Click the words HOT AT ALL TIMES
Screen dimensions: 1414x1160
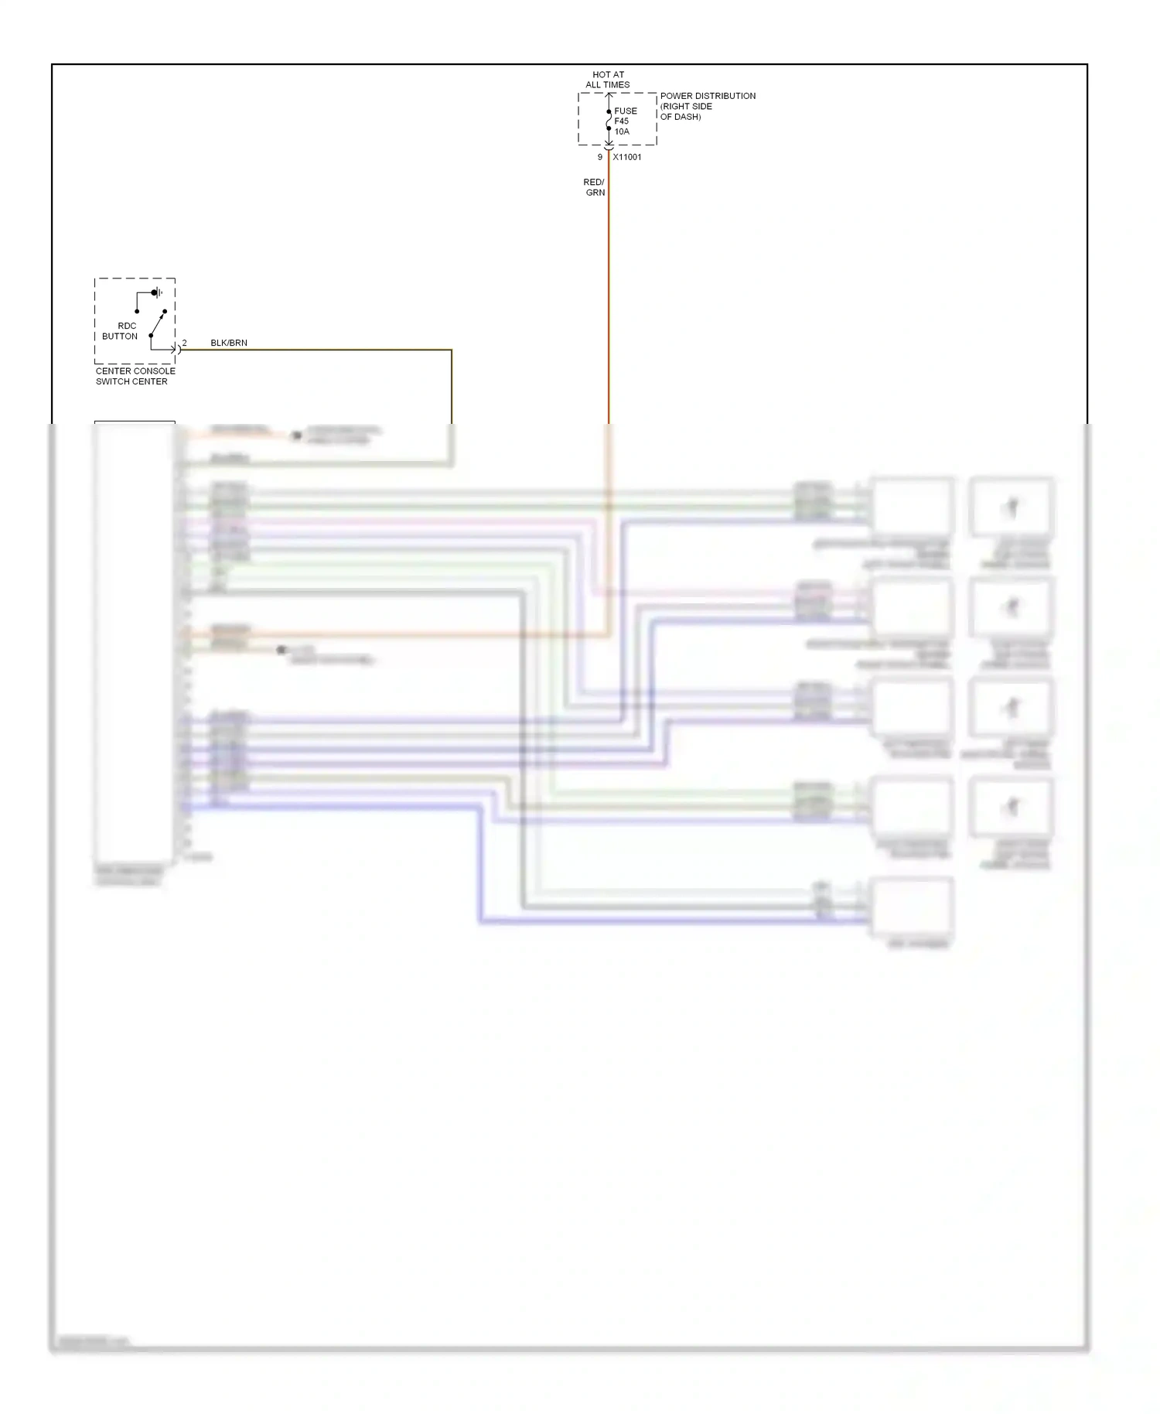pos(608,80)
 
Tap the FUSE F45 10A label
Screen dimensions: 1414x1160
pos(624,121)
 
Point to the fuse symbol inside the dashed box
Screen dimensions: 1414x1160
pos(609,120)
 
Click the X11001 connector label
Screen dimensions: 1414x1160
pos(626,157)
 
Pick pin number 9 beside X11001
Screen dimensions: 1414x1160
pos(599,157)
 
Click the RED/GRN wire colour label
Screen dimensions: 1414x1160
pos(594,187)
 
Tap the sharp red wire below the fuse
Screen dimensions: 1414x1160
pos(609,294)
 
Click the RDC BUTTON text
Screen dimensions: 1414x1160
pos(121,331)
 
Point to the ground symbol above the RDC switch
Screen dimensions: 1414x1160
pos(158,292)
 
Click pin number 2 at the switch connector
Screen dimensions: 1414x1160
pos(184,343)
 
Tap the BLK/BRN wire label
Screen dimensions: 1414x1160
pos(229,343)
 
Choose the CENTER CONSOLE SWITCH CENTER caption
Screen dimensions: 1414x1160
pos(135,376)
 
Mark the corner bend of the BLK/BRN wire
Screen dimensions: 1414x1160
pos(451,350)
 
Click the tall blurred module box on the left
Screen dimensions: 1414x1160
pos(134,642)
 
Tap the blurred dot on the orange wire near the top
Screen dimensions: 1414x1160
pos(296,436)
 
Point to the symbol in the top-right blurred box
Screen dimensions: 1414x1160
pos(1012,507)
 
